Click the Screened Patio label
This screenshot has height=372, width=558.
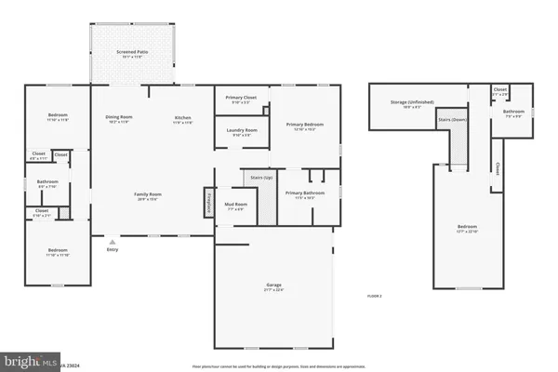point(135,56)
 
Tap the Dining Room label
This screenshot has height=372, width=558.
point(118,117)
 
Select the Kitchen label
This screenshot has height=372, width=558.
point(183,117)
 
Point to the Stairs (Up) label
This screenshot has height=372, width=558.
point(261,176)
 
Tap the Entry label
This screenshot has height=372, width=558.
point(113,248)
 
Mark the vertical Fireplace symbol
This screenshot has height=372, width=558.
point(208,204)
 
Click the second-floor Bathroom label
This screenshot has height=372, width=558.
point(514,113)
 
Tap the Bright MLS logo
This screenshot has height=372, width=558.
point(28,360)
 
